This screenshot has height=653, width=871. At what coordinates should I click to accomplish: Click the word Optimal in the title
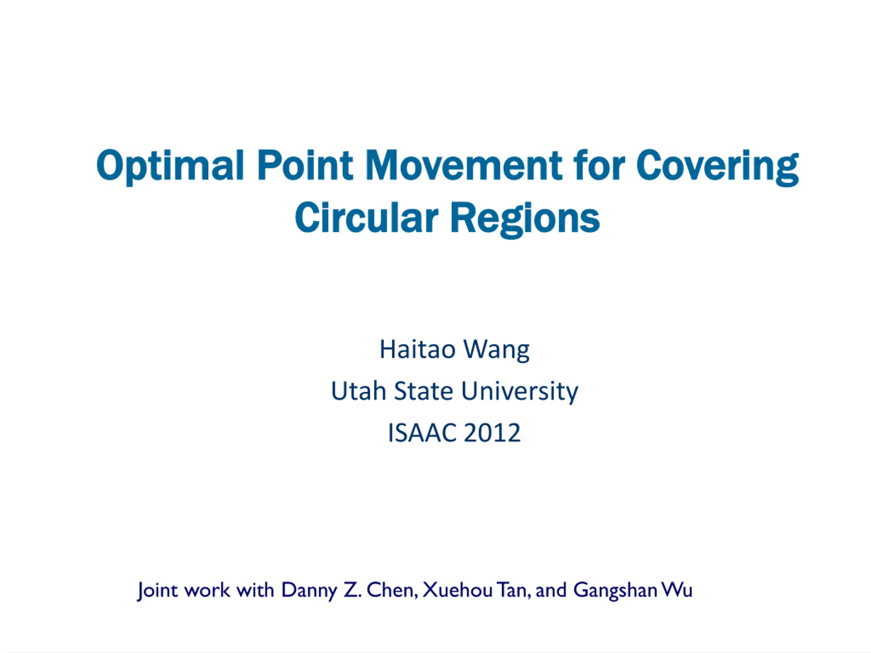[x=170, y=166]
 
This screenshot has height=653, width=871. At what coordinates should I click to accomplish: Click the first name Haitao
[x=417, y=350]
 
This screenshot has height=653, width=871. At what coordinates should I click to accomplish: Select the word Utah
[x=358, y=391]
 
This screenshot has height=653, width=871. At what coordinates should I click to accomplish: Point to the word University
[x=520, y=392]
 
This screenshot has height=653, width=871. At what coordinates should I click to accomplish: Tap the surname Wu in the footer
[x=676, y=590]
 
